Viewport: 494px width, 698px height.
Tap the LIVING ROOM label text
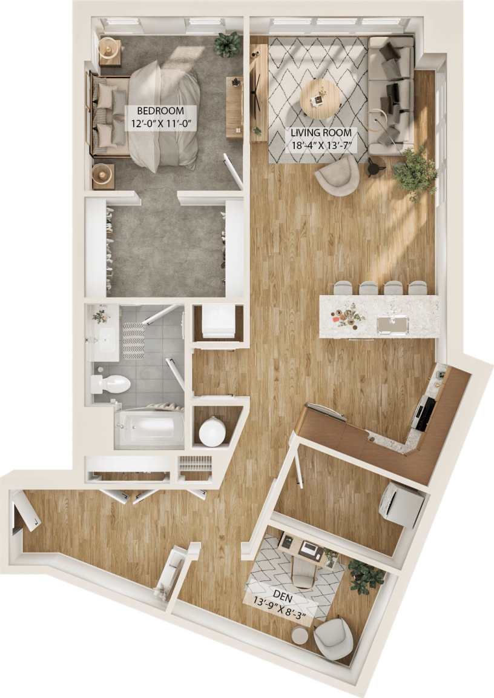pyautogui.click(x=321, y=132)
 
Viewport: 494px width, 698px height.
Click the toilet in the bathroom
pyautogui.click(x=112, y=384)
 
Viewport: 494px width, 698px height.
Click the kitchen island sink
pyautogui.click(x=392, y=325)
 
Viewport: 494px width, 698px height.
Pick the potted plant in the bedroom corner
pyautogui.click(x=228, y=44)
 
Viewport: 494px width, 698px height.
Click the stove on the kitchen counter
pyautogui.click(x=425, y=412)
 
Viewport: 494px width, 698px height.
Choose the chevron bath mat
pyautogui.click(x=133, y=341)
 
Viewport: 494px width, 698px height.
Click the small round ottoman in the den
pyautogui.click(x=299, y=635)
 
